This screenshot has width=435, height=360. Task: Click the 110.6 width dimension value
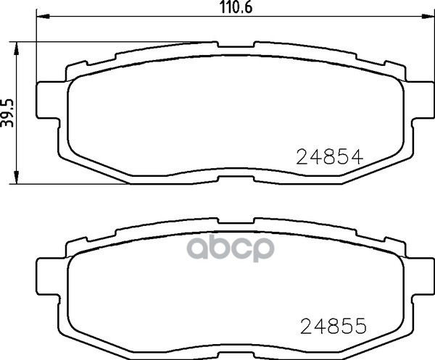[x=236, y=7]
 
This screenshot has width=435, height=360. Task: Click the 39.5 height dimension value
[x=7, y=113]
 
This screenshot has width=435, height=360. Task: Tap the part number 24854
[x=330, y=157]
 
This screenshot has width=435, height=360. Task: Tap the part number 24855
[x=333, y=326]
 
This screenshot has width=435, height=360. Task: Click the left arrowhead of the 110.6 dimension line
[x=43, y=17]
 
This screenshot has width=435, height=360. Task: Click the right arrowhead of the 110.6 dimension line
[x=428, y=17]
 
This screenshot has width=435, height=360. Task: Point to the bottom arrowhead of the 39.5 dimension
[x=17, y=177]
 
